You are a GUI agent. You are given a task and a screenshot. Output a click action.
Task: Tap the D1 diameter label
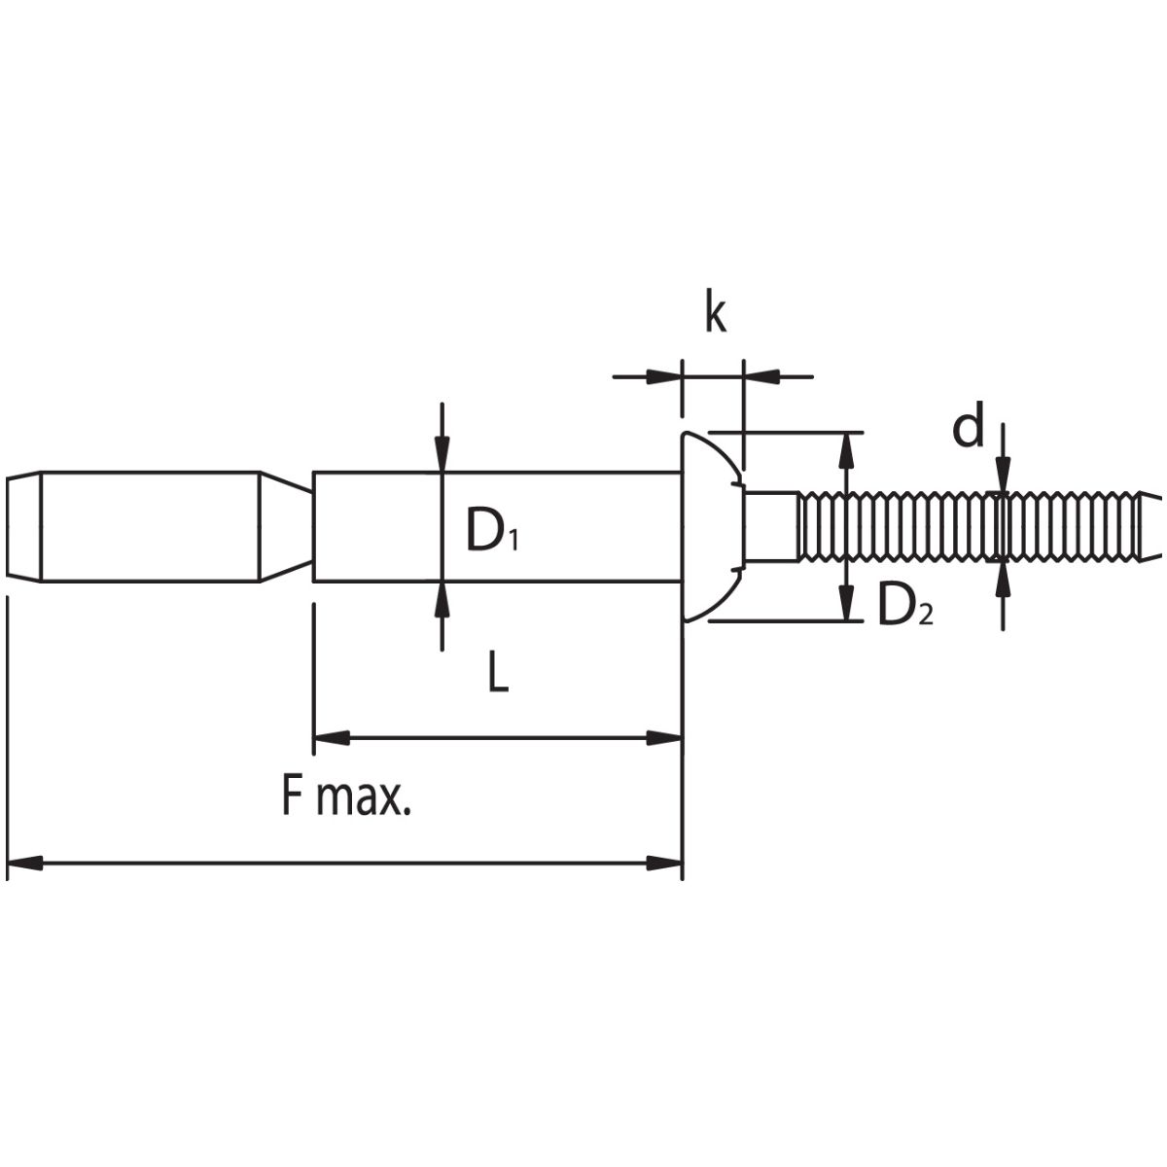[x=492, y=529]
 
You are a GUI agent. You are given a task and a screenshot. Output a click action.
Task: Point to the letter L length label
[x=498, y=672]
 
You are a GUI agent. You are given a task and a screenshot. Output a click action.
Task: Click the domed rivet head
[x=712, y=526]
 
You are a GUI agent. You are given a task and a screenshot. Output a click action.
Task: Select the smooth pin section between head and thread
[x=771, y=526]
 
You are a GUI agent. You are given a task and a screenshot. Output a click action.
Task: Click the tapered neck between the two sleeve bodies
[x=286, y=526]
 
